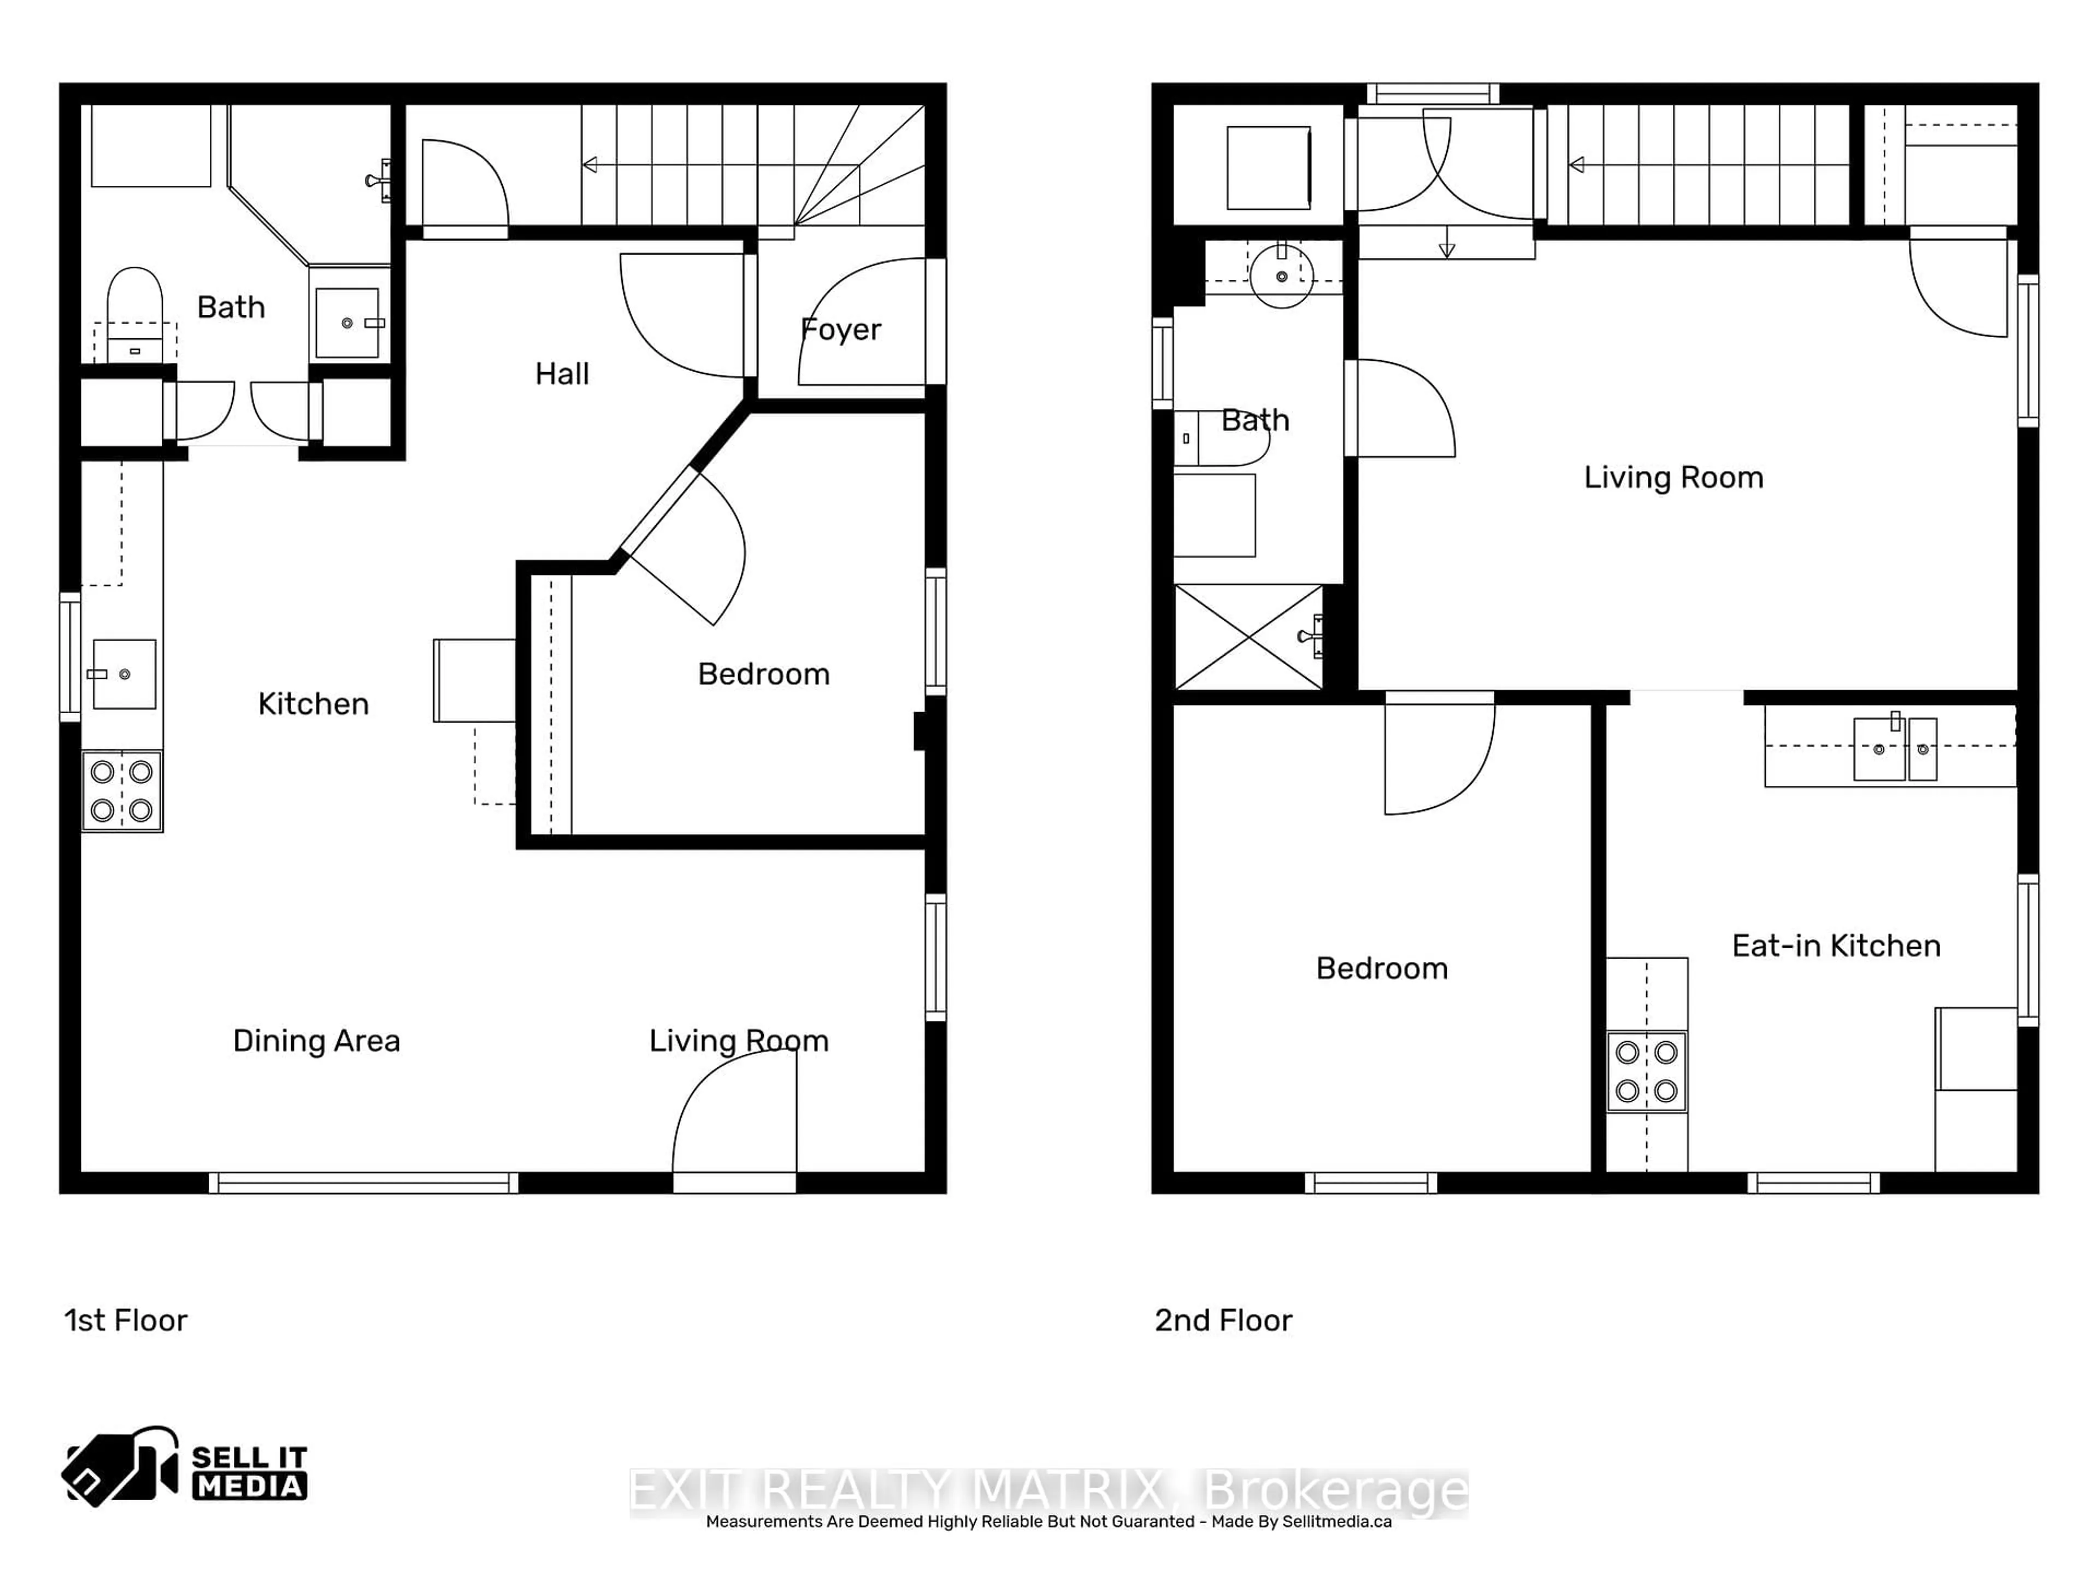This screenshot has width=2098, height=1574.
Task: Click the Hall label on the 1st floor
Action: (x=562, y=374)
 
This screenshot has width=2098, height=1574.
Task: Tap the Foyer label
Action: (x=840, y=329)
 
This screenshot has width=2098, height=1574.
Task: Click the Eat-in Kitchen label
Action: (x=1835, y=946)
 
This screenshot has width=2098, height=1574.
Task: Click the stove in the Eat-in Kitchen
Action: (x=1647, y=1071)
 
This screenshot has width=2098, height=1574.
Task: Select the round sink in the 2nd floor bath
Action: (x=1281, y=276)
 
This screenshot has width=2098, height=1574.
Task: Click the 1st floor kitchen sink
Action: (x=124, y=674)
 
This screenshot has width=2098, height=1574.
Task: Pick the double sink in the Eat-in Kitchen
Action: (x=1894, y=749)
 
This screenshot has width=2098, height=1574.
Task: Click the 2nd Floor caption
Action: (x=1223, y=1320)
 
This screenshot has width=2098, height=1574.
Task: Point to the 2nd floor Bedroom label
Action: (x=1381, y=968)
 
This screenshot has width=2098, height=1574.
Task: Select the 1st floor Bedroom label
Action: (x=763, y=674)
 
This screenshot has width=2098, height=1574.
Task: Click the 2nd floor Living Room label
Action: (x=1673, y=477)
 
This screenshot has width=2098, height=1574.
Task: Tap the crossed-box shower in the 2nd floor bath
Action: (x=1248, y=637)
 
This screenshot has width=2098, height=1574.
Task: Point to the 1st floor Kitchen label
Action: (x=313, y=704)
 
